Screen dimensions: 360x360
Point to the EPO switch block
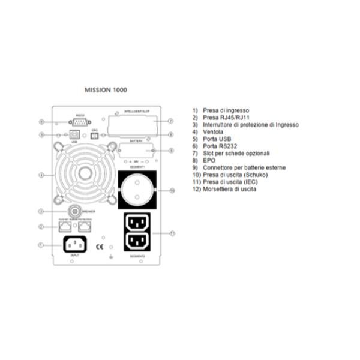point(94,135)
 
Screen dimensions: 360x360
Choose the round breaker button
point(74,211)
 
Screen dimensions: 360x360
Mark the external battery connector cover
point(137,151)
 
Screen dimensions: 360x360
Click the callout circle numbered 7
point(171,121)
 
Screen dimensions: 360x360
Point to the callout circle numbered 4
point(41,175)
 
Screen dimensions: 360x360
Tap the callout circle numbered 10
point(171,190)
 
